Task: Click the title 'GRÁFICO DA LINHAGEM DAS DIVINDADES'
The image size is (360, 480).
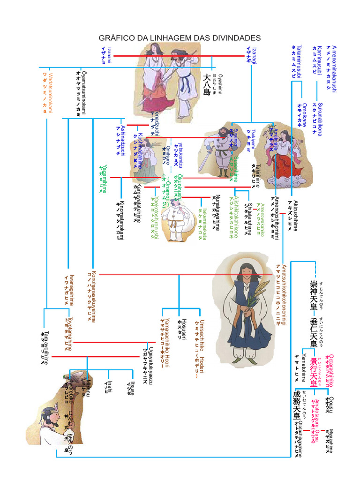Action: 180,37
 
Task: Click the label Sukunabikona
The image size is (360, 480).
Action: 320,119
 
